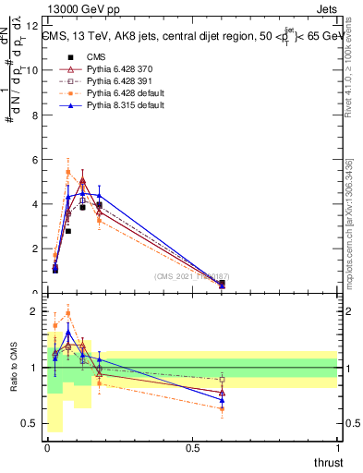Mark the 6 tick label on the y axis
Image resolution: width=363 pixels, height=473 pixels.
(34, 160)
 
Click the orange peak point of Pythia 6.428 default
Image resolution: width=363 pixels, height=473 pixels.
(68, 172)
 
